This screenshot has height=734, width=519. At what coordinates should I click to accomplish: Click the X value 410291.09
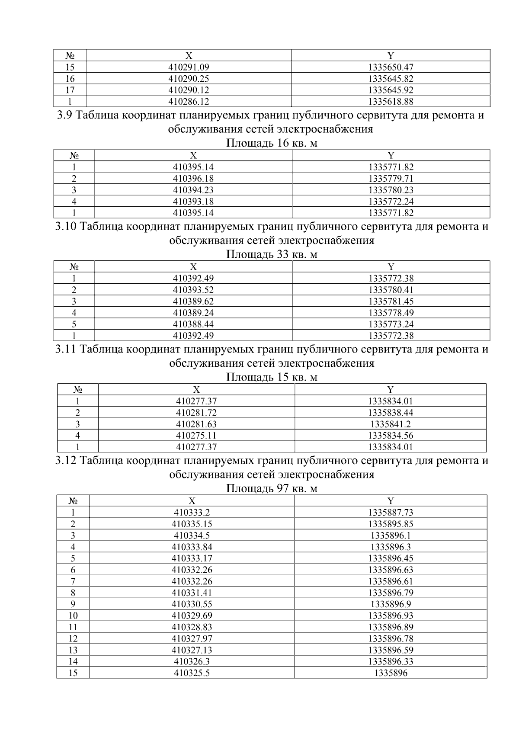coord(189,67)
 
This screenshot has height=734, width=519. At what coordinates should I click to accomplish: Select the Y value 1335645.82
coord(391,79)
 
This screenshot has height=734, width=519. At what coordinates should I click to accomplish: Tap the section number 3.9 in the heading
coord(65,116)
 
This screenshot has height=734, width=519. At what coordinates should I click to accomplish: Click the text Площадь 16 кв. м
coord(272,143)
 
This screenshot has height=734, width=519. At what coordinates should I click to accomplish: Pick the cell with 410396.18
coord(193,178)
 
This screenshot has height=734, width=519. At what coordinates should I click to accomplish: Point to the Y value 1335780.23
coord(391,190)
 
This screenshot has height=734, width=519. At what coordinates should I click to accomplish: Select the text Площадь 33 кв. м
coord(272,254)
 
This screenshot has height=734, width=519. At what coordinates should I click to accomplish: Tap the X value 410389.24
coord(193,313)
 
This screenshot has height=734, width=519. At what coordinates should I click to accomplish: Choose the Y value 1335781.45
coord(391,301)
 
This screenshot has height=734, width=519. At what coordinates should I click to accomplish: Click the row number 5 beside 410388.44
coord(74,324)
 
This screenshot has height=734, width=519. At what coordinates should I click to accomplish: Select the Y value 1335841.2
coord(391,424)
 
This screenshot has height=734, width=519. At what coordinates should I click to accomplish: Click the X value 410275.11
coord(196,436)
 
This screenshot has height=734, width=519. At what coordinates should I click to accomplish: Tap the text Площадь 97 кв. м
coord(272,488)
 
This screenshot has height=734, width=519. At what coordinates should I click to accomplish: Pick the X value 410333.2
coord(192,513)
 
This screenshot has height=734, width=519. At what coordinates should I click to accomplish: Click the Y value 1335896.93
coord(391,615)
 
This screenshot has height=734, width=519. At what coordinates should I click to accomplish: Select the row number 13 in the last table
coord(73,650)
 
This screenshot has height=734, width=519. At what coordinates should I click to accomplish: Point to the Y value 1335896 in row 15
coord(391,673)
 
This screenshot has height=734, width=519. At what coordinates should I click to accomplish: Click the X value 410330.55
coord(192,604)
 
